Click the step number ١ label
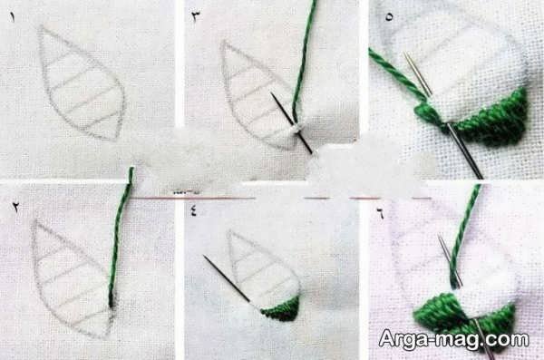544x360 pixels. [x=13, y=17]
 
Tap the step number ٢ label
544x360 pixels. [x=15, y=208]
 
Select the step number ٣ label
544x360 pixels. [x=196, y=17]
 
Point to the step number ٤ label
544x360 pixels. [x=194, y=210]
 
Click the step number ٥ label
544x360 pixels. [x=389, y=16]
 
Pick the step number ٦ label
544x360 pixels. [x=381, y=214]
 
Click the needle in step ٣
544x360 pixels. [x=291, y=123]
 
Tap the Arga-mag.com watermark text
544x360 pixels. [x=454, y=339]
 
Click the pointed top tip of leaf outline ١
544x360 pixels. [x=42, y=26]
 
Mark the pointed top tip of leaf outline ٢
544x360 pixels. [x=34, y=221]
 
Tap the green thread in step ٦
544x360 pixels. [x=461, y=236]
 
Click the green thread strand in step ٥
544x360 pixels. [x=399, y=74]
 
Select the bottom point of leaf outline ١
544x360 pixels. [x=114, y=139]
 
